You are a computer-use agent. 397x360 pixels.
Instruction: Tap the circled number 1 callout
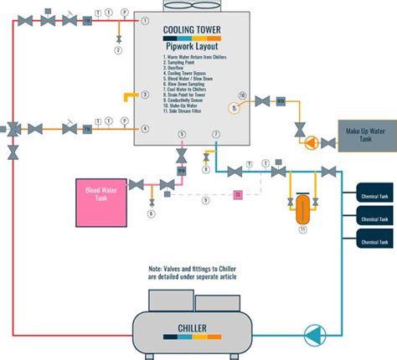click(x=145, y=18)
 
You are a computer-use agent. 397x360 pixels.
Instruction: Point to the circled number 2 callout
click(x=119, y=51)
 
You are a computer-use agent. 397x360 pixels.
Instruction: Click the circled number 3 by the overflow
click(x=145, y=95)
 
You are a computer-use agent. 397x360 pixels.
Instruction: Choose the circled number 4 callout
click(x=145, y=128)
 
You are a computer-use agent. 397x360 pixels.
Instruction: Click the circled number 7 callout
click(x=215, y=134)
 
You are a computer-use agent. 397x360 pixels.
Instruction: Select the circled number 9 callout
click(x=205, y=200)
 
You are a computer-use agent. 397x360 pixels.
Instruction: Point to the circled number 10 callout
click(x=241, y=96)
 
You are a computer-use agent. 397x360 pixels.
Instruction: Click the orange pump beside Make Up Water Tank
click(x=312, y=143)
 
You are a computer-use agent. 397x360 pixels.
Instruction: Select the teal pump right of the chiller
click(x=313, y=333)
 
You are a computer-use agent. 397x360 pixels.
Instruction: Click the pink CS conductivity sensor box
click(x=238, y=194)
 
